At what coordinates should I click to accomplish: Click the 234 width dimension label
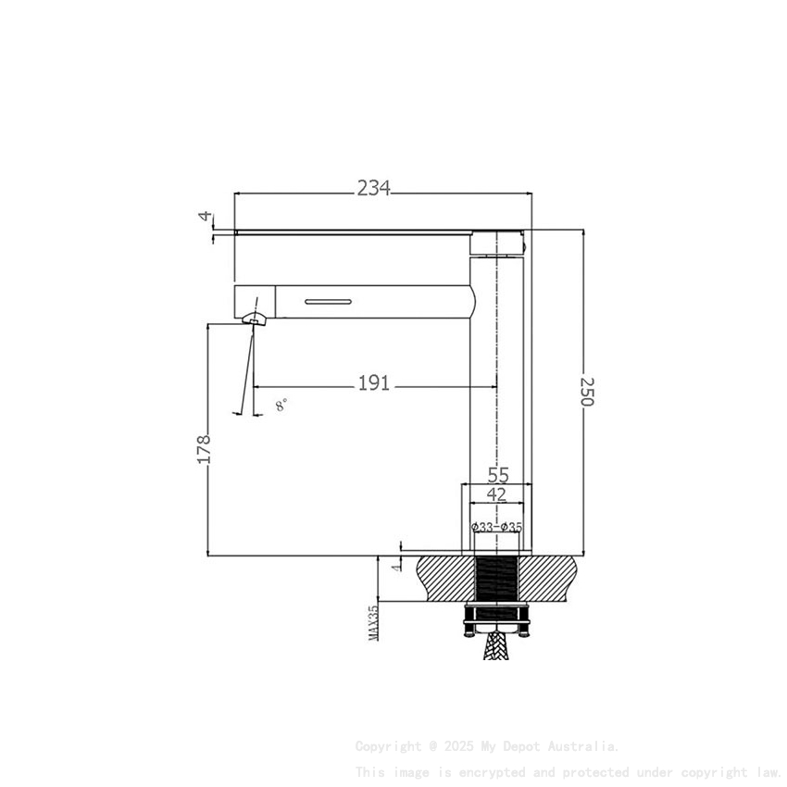374,188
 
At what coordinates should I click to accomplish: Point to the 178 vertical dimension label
205,449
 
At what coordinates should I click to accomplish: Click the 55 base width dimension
498,475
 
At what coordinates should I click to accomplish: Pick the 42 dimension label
497,494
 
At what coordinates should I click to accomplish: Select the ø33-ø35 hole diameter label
497,528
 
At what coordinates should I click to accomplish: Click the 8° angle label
281,405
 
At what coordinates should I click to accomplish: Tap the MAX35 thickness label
374,622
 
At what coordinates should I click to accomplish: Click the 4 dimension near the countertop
395,564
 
